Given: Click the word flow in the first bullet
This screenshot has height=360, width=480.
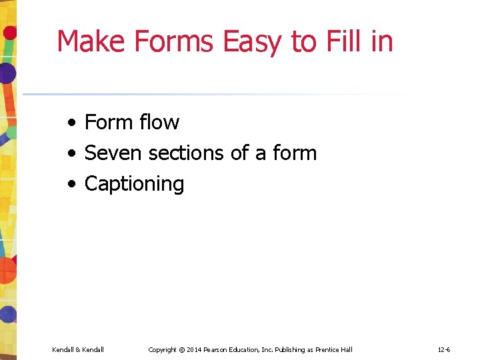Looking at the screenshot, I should pyautogui.click(x=160, y=122).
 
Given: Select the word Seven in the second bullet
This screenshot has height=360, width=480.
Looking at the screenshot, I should pyautogui.click(x=113, y=153).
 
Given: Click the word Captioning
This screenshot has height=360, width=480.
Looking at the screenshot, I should pyautogui.click(x=134, y=184).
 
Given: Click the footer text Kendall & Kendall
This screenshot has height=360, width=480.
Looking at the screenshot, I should pyautogui.click(x=77, y=349).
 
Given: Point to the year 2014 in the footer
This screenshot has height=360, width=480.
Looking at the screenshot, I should pyautogui.click(x=195, y=349).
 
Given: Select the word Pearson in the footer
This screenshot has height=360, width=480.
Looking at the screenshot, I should pyautogui.click(x=217, y=349).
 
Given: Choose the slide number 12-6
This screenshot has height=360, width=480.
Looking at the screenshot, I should pyautogui.click(x=444, y=349).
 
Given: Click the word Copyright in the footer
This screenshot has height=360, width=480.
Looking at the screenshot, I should pyautogui.click(x=163, y=349).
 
